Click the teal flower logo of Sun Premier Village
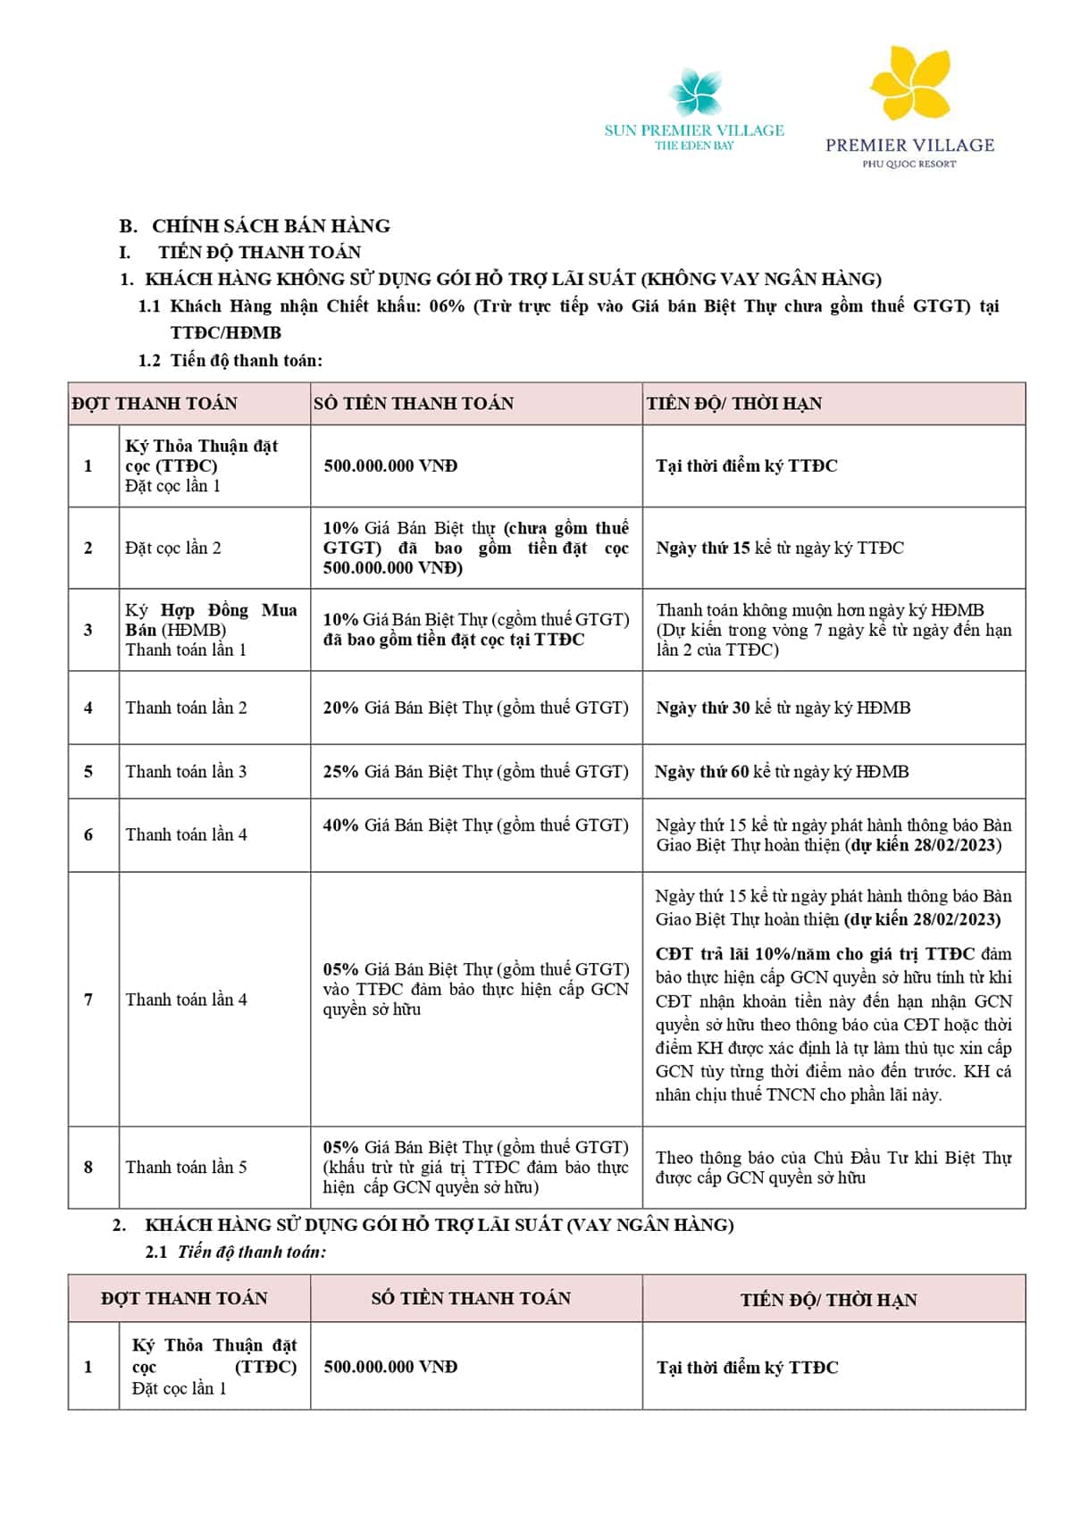click(695, 93)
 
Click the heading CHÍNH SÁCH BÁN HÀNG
click(271, 226)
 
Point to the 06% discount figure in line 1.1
click(447, 306)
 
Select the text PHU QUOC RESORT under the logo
click(909, 164)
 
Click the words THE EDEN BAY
click(694, 146)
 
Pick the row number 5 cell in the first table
click(88, 772)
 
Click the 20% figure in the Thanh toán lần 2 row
click(340, 708)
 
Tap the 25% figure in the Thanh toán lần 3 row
click(340, 772)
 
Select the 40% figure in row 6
click(340, 825)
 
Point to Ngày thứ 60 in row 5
click(701, 772)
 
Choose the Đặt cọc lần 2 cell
click(173, 549)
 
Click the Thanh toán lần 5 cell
click(186, 1168)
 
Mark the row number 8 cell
click(88, 1168)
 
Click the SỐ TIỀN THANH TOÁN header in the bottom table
click(471, 1299)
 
